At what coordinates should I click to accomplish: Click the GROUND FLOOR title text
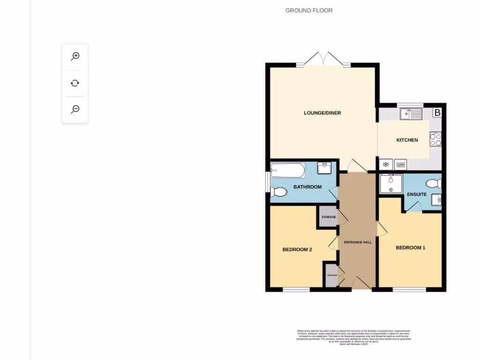309,10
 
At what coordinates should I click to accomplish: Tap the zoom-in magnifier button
75,57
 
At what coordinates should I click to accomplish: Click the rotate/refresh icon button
75,83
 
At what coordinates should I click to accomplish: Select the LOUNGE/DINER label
322,113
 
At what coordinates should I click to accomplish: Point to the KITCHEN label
407,140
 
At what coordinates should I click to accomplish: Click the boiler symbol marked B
437,112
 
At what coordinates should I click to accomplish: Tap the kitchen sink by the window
411,113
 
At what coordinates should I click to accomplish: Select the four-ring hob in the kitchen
435,139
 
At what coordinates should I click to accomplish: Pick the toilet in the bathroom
278,192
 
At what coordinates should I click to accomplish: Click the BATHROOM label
307,187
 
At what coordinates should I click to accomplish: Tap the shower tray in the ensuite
390,184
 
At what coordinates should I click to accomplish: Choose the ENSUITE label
416,195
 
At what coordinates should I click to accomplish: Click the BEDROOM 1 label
410,247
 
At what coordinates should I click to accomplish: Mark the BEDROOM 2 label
297,250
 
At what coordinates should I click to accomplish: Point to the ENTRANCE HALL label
358,242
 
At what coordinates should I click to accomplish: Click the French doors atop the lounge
323,59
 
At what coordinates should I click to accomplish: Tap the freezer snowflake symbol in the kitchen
386,165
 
